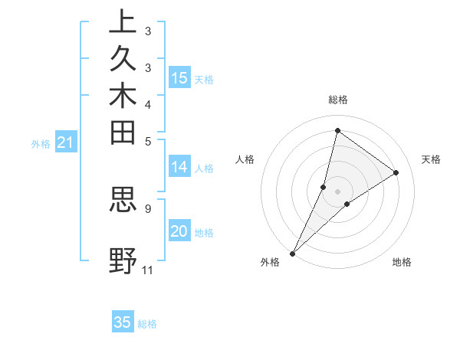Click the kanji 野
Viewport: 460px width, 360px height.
tap(123, 260)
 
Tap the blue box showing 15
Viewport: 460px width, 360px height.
tap(179, 77)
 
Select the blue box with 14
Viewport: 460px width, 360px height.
tap(179, 167)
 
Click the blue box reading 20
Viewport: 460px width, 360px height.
tap(179, 231)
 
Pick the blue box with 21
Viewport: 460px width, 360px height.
tap(66, 142)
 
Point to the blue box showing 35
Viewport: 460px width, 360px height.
tap(123, 322)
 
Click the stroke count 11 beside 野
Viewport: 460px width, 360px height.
tap(147, 270)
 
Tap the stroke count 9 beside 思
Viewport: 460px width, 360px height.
tap(147, 207)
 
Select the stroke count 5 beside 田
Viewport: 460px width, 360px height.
tap(147, 141)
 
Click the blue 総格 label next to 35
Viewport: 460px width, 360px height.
tap(147, 324)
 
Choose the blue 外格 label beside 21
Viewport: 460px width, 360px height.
tap(41, 143)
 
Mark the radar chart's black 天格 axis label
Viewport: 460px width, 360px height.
tap(431, 159)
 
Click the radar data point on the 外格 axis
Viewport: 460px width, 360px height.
tap(293, 253)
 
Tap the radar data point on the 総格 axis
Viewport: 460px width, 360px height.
tap(337, 130)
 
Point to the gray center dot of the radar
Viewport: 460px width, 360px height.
tap(337, 191)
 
